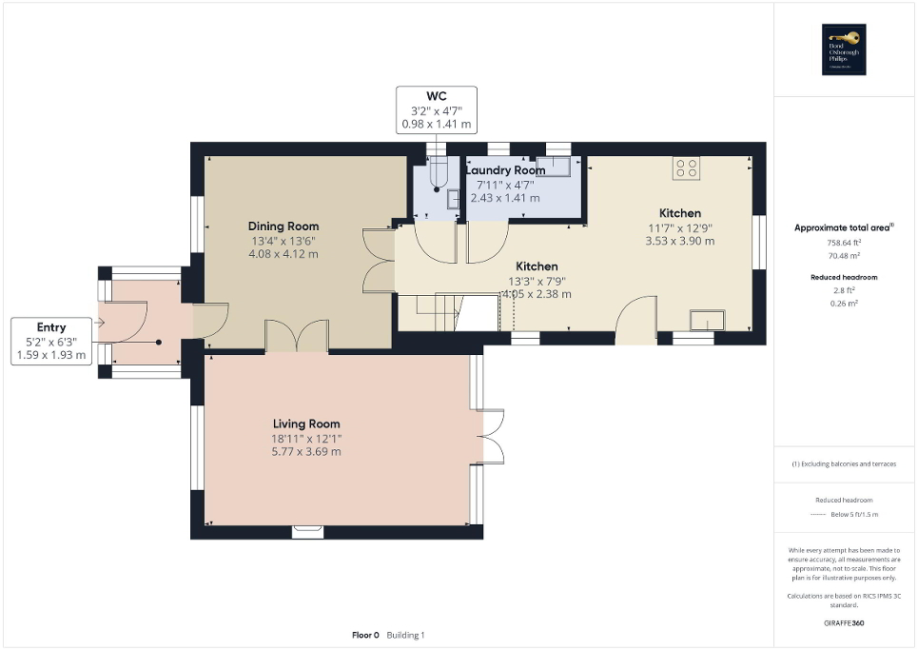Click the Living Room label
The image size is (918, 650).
[x=306, y=423]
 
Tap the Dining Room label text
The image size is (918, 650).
[x=283, y=227]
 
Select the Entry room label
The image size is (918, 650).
[x=51, y=326]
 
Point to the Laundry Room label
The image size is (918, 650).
[x=504, y=170]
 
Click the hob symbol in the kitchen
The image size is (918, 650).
[x=686, y=168]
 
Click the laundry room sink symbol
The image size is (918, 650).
[x=554, y=167]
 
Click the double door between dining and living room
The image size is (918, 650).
[x=297, y=337]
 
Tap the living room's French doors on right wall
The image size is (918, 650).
[x=492, y=437]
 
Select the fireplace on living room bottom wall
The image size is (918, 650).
[x=307, y=531]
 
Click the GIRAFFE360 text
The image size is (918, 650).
[x=845, y=623]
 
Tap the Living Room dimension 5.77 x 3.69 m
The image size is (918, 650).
[x=306, y=451]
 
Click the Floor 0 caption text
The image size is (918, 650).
[x=365, y=635]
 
